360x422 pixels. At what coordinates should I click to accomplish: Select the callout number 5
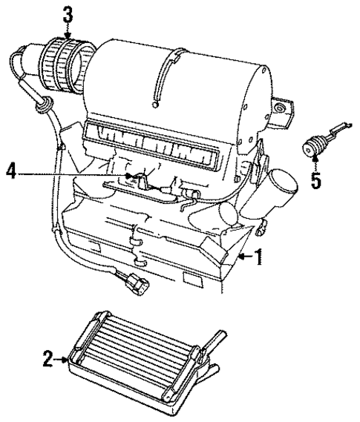click(x=317, y=181)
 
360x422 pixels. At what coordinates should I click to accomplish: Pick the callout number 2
click(x=47, y=360)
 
